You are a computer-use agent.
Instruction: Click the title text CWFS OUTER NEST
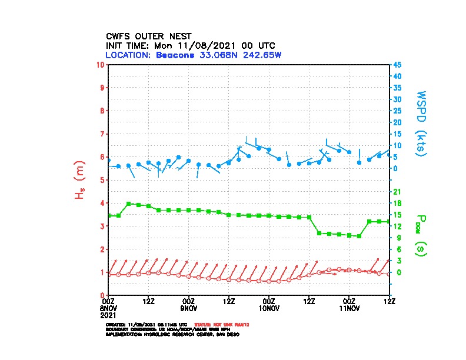point(148,36)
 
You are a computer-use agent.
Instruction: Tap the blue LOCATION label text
point(129,55)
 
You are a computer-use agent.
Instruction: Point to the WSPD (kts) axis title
point(421,122)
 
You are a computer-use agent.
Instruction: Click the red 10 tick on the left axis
point(102,64)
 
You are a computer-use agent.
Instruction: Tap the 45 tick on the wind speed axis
point(397,65)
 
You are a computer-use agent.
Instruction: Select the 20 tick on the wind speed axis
point(397,122)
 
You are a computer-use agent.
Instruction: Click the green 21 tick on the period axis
point(397,192)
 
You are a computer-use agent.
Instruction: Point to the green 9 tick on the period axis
point(396,238)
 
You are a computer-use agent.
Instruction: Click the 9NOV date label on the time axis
point(188,308)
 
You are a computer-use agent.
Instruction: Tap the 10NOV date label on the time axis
point(268,308)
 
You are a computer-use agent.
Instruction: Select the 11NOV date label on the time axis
point(349,308)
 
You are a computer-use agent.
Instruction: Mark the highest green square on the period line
point(128,204)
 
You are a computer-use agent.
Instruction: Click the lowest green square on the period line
point(359,236)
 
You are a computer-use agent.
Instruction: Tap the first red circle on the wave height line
point(108,274)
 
